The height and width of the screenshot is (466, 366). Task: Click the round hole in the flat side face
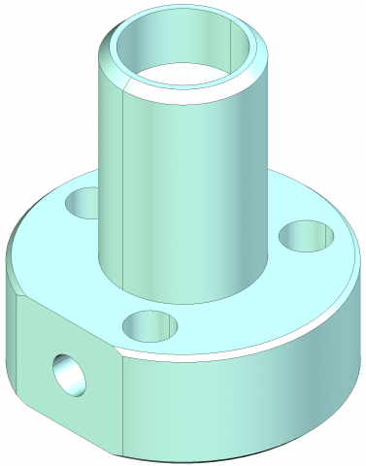[x=69, y=374]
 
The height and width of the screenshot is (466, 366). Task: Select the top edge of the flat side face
[x=63, y=320]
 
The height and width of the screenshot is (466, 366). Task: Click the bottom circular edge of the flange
[x=243, y=452]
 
